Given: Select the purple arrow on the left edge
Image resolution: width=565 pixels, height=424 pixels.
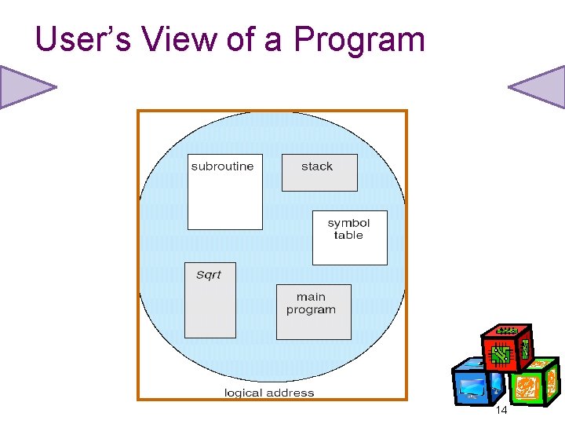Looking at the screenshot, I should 26,86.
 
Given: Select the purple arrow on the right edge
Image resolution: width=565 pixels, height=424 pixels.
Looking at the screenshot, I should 538,86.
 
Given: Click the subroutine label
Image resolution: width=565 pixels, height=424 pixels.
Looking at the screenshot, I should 223,166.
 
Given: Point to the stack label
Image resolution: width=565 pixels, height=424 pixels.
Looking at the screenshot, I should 317,166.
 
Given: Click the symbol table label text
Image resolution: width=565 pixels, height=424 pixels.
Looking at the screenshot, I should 348,229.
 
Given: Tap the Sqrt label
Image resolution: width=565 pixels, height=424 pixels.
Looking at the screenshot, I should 209,275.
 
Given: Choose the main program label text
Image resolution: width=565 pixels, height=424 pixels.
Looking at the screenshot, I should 311,303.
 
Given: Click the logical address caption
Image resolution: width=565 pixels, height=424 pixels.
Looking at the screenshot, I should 269,393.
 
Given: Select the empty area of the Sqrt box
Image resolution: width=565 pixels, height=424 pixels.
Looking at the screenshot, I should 210,310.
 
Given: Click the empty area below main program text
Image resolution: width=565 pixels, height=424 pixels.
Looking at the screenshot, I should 313,327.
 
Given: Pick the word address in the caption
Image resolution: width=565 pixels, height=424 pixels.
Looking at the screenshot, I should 291,393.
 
